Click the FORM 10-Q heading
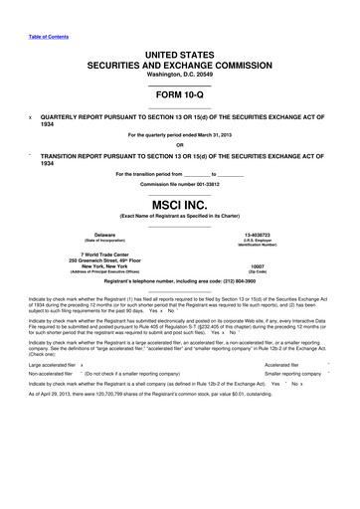[x=179, y=99]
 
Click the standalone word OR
[x=179, y=147]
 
